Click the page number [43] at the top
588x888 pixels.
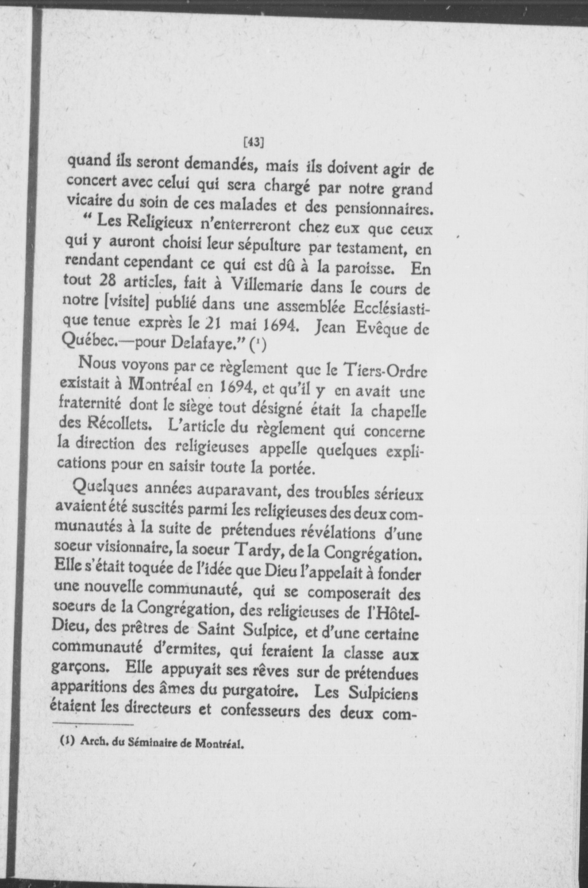253,142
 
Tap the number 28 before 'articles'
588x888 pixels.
108,281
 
